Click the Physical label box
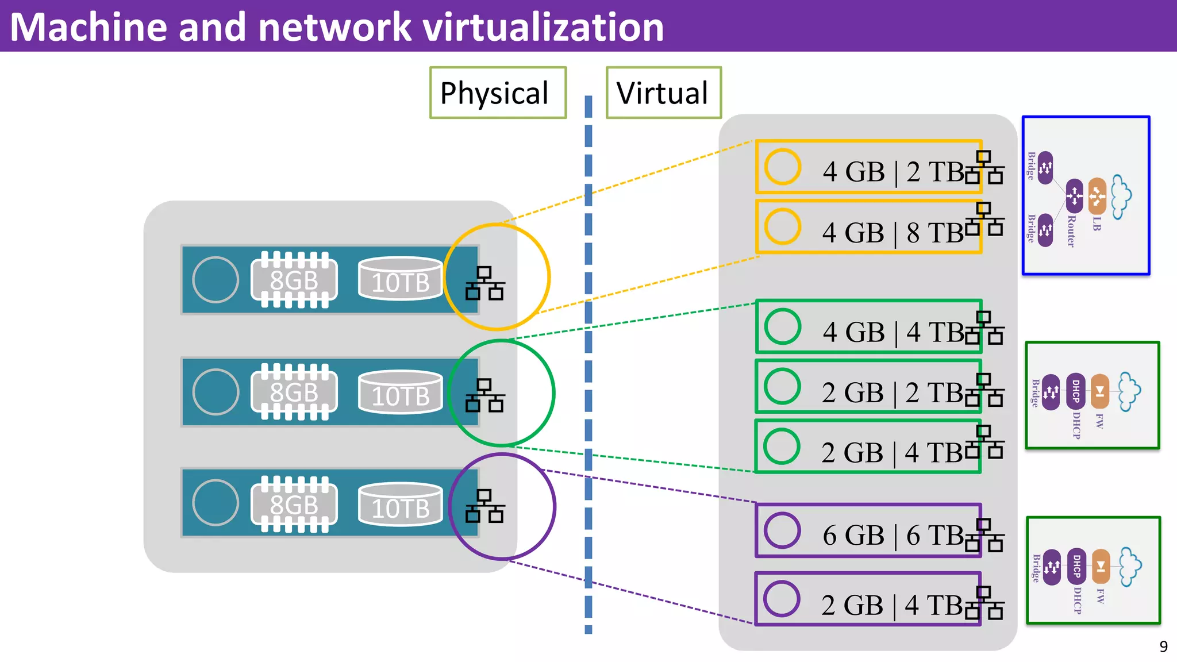(498, 93)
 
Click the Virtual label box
(663, 93)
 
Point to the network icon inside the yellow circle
(484, 283)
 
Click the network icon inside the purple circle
(484, 506)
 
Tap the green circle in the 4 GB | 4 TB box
(783, 326)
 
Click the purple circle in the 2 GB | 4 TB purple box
(782, 599)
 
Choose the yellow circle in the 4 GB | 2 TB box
(783, 167)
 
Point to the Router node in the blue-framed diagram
(1074, 196)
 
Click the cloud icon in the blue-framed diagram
(1121, 197)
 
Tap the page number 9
(1163, 647)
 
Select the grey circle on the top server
(216, 280)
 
